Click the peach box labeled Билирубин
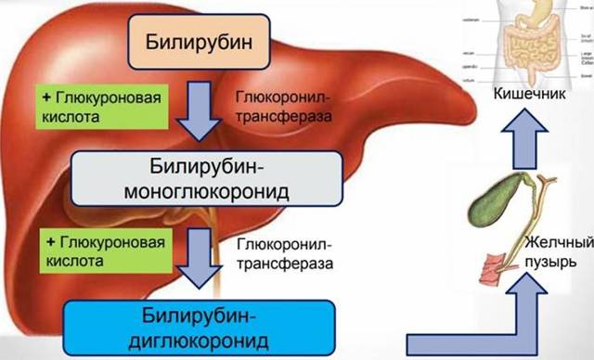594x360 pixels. [x=197, y=44]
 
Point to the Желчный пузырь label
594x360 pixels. [x=558, y=252]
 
